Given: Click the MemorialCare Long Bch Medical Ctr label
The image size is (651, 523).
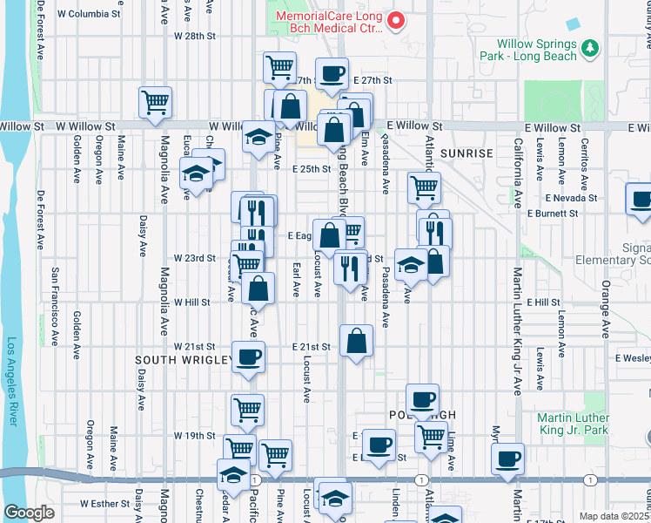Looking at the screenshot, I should coord(328,23).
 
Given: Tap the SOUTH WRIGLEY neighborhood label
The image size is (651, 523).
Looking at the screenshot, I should coord(183,359).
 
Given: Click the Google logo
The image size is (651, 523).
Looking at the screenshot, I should coord(30,513).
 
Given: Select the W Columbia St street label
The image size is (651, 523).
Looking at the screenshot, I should coord(88,15).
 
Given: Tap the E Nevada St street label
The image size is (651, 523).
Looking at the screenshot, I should coord(570,198).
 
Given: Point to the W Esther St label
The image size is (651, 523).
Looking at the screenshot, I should coord(104,504).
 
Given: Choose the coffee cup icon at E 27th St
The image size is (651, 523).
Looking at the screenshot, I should coord(332,74).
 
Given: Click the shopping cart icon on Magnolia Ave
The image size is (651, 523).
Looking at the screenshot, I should coord(155,101).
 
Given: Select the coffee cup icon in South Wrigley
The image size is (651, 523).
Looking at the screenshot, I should coord(249,357).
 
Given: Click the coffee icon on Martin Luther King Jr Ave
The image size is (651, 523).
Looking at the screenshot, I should coord(508,457).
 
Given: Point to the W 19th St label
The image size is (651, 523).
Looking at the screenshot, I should coord(194,435).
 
